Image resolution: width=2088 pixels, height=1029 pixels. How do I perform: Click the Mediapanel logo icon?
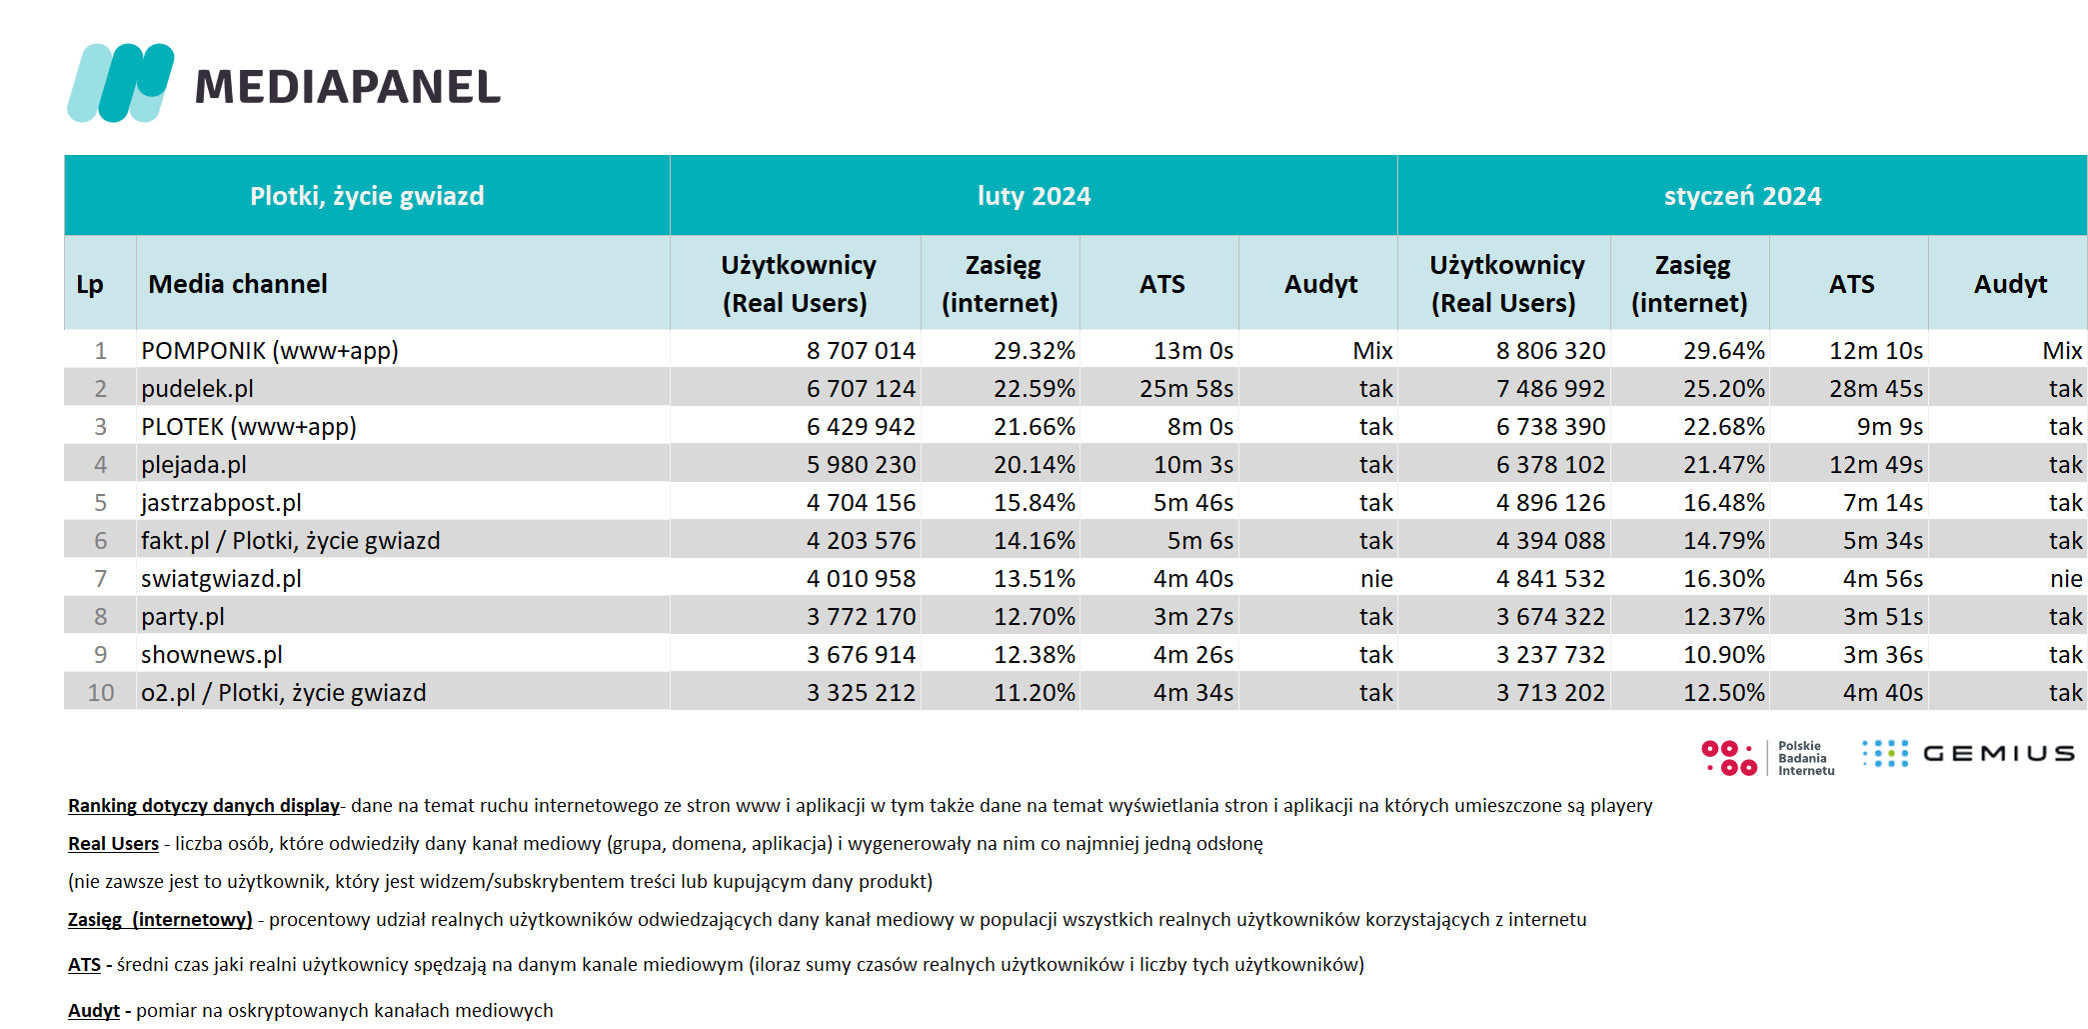(x=121, y=83)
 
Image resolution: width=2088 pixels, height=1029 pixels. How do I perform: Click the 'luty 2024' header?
(x=1034, y=196)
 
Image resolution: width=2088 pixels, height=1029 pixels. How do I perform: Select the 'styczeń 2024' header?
(x=1742, y=196)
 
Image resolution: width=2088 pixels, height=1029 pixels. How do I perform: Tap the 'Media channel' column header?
(x=238, y=284)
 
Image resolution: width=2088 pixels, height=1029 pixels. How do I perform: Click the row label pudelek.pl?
(x=197, y=389)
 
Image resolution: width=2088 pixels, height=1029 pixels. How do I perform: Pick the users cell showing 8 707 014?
(x=861, y=351)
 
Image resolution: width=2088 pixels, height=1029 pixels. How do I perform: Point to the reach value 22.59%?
(x=1035, y=389)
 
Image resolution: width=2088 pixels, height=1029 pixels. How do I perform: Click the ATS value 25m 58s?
(x=1186, y=389)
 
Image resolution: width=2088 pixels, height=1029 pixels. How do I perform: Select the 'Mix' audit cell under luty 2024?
(x=1372, y=351)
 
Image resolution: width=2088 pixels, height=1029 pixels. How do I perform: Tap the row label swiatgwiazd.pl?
(x=221, y=579)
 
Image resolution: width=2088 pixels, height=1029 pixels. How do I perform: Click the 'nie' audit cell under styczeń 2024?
(x=2066, y=579)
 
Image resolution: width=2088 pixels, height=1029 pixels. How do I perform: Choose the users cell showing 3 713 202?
(x=1550, y=693)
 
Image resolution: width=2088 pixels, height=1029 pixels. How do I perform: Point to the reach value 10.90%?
(x=1724, y=655)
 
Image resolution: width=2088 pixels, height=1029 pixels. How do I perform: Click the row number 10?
(x=101, y=693)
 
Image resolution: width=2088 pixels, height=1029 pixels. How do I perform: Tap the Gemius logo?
(x=1968, y=753)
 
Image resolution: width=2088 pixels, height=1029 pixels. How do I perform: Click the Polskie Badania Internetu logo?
(x=1768, y=758)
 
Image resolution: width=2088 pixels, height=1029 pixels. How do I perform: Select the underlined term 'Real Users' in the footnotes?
(x=113, y=844)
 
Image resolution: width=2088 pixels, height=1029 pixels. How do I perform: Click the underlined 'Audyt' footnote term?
(x=94, y=1011)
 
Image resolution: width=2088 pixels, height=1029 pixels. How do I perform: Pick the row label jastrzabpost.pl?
(x=221, y=503)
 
